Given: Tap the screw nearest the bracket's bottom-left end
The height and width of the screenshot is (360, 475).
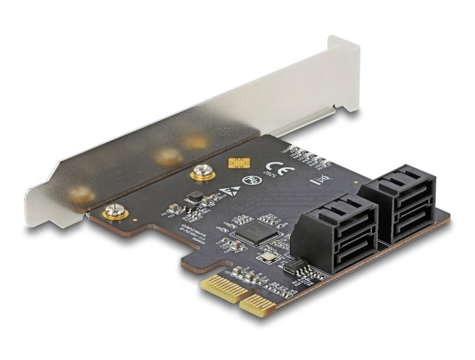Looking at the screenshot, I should coord(115,213).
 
